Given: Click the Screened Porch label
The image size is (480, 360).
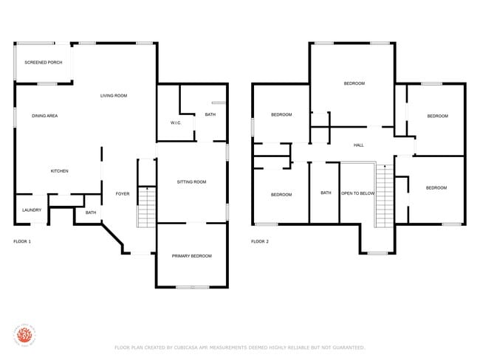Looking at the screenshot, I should point(44,63).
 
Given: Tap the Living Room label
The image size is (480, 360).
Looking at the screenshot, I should point(114,96).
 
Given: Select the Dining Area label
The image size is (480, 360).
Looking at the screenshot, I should point(44,116).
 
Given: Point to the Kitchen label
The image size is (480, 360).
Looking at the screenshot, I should point(59,171).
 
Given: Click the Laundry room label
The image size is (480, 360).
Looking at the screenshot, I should point(31,210).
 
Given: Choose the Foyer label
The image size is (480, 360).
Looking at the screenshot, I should point(123,194).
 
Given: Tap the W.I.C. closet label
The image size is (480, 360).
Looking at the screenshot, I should point(176,122).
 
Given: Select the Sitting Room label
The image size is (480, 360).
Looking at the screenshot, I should point(191,181).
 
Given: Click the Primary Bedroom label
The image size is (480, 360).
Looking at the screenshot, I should point(191,256).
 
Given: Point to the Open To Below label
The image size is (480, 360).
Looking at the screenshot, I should point(357,193).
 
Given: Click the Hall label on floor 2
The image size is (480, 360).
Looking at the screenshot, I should point(358,145).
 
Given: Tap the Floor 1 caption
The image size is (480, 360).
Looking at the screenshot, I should point(23,241).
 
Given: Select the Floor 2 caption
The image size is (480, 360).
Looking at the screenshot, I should point(260,241).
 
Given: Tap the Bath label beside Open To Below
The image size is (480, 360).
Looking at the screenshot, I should point(326,193).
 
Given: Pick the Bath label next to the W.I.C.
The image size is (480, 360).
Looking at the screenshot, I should point(210,114).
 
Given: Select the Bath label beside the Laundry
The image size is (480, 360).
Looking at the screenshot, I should point(91,212).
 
